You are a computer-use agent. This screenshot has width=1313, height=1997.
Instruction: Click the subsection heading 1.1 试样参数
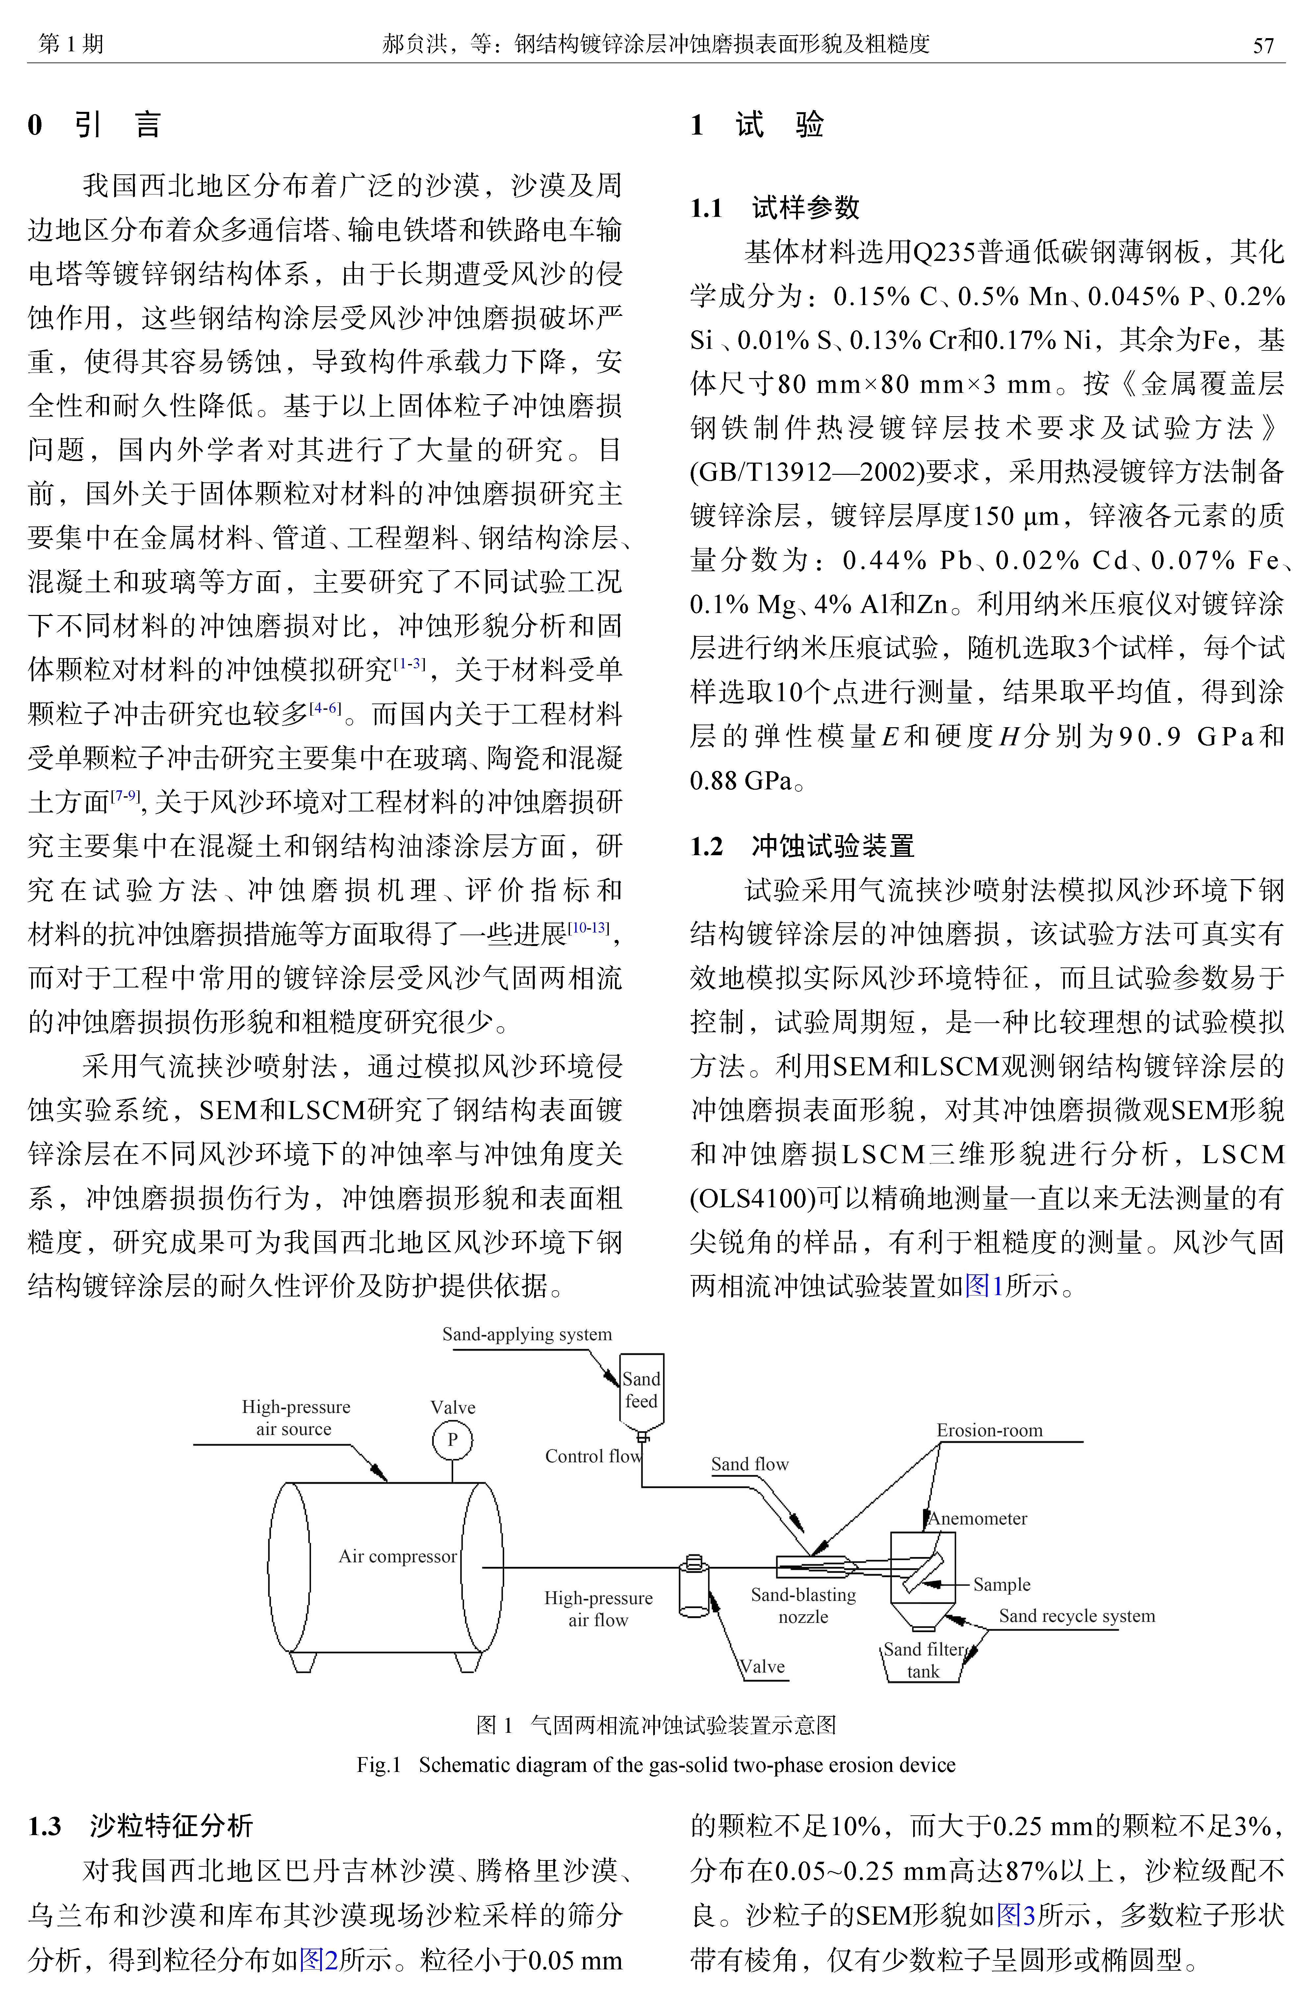[x=774, y=207]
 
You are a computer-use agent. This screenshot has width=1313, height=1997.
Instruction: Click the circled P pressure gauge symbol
[x=452, y=1440]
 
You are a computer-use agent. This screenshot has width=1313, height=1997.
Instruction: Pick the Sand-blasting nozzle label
[x=803, y=1605]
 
